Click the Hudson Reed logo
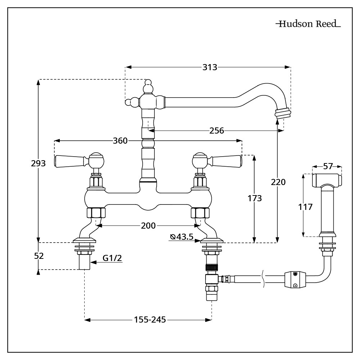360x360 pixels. click(x=309, y=24)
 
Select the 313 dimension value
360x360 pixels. click(x=210, y=67)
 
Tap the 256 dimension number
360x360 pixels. click(x=216, y=131)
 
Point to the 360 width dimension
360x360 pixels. click(x=120, y=140)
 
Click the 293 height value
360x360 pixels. click(x=39, y=163)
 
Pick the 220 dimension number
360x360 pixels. click(x=278, y=182)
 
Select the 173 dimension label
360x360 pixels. click(x=255, y=198)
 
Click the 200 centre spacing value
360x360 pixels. click(x=148, y=226)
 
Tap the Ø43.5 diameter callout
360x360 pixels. click(x=182, y=237)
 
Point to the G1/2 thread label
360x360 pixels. click(x=112, y=258)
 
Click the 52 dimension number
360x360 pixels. click(x=39, y=256)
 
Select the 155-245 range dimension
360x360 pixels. click(x=150, y=320)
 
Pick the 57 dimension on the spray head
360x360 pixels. click(x=328, y=166)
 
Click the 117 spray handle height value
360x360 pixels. click(x=305, y=207)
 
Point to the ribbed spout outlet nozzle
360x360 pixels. click(x=283, y=114)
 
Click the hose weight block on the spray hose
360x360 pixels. click(x=295, y=280)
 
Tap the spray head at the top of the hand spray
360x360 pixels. click(x=327, y=180)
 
